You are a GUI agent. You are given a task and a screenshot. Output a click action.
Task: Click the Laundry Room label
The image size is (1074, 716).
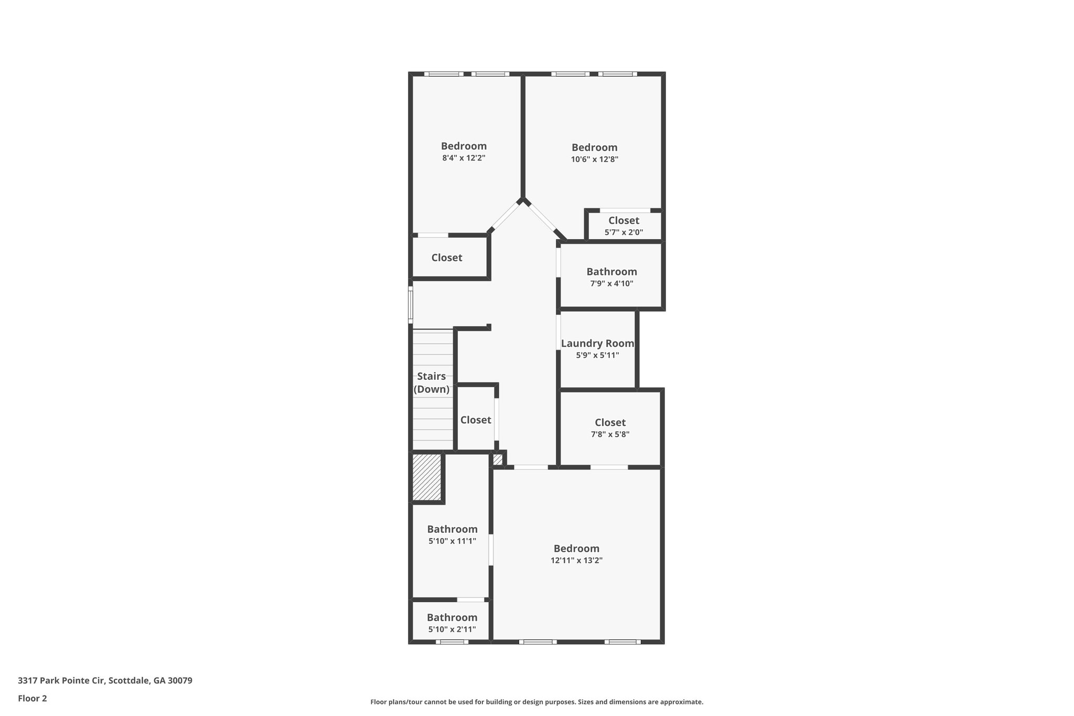coord(597,344)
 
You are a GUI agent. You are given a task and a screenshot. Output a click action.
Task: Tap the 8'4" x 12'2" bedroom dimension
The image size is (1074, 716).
coord(464,158)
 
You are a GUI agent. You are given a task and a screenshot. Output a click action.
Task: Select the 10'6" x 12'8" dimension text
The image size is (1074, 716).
coord(595,159)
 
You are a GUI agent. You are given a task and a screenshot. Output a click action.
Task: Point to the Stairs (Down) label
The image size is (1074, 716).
coord(432,383)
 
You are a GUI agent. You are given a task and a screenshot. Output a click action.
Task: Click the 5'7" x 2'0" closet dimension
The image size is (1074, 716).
coord(624,232)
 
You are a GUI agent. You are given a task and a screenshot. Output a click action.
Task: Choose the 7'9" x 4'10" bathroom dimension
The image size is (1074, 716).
coord(611,284)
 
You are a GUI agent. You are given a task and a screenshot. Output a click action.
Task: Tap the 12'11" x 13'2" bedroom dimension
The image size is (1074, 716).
coord(576,560)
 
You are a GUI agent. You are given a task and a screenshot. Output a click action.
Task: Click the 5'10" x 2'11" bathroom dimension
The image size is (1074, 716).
coord(452,629)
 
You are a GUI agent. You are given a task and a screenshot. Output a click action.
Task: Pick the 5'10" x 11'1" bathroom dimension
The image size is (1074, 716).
coord(452,541)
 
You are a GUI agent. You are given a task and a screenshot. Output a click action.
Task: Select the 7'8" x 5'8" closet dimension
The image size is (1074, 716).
coord(610,434)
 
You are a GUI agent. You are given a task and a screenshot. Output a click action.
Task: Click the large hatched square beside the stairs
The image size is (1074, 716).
coord(426,477)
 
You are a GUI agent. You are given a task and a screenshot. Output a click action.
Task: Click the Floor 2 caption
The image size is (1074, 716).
coord(33,698)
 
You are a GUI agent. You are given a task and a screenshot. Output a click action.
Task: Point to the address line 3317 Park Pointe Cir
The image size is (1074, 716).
coord(105,680)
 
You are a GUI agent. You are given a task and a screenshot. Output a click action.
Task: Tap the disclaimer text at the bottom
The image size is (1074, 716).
coord(536,702)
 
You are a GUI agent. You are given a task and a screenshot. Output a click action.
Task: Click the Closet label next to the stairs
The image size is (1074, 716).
coord(476,420)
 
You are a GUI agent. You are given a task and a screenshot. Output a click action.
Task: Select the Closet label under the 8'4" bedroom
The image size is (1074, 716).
coord(447,258)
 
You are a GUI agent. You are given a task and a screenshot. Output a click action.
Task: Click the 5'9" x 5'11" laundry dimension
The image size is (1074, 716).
coord(597,355)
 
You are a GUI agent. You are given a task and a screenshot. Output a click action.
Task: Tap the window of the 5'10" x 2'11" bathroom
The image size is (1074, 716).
coord(452,642)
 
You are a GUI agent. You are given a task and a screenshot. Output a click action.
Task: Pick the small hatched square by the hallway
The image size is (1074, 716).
coord(498,459)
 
